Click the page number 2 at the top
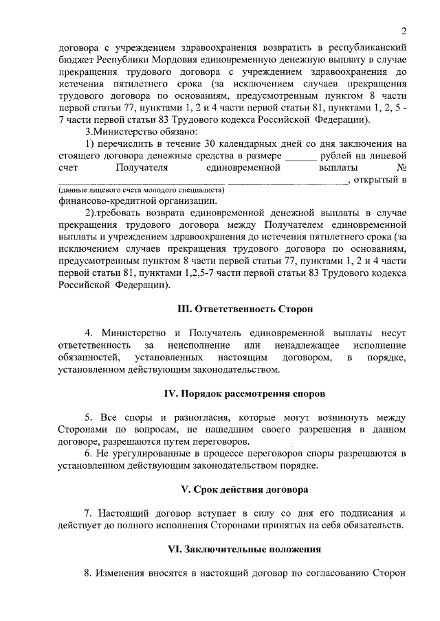click(406, 31)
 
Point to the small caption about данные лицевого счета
click(141, 189)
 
